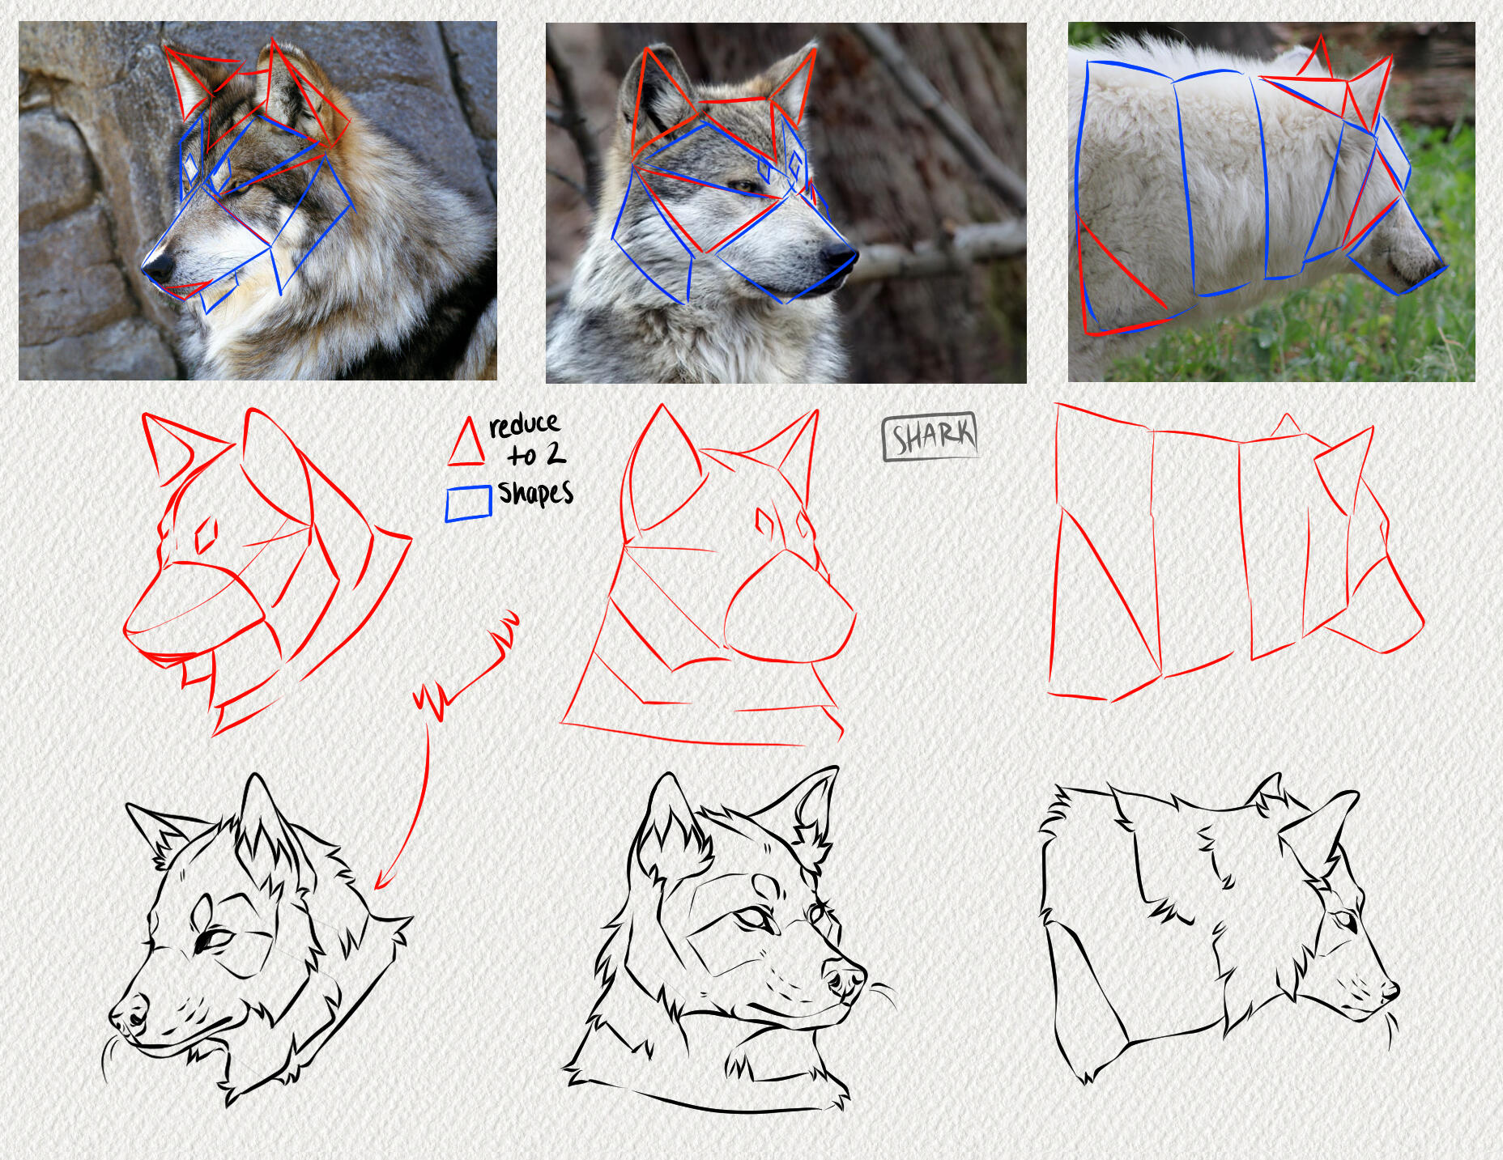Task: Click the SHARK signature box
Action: [x=930, y=436]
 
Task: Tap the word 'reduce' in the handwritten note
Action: [x=524, y=424]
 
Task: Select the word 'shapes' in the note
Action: [x=535, y=492]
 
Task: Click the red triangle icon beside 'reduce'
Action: [x=466, y=442]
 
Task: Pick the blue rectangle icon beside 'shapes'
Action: [x=469, y=503]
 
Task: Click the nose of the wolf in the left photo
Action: [x=157, y=266]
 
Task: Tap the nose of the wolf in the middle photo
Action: [x=838, y=257]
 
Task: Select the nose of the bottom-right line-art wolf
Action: [x=1390, y=989]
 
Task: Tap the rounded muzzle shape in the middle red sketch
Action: [x=790, y=606]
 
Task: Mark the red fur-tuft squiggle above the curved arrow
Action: [x=467, y=669]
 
